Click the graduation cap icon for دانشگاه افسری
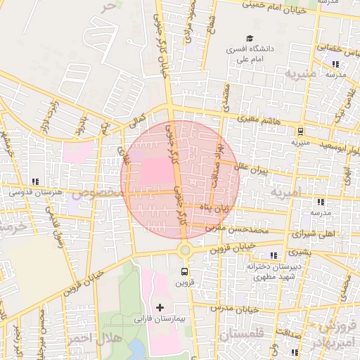tap(250, 39)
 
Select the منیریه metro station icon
tap(300, 131)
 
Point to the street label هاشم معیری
tap(259, 120)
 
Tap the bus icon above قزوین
tap(184, 271)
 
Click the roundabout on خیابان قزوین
tap(185, 250)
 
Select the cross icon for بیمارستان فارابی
tap(160, 307)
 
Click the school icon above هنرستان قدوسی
tap(35, 181)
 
